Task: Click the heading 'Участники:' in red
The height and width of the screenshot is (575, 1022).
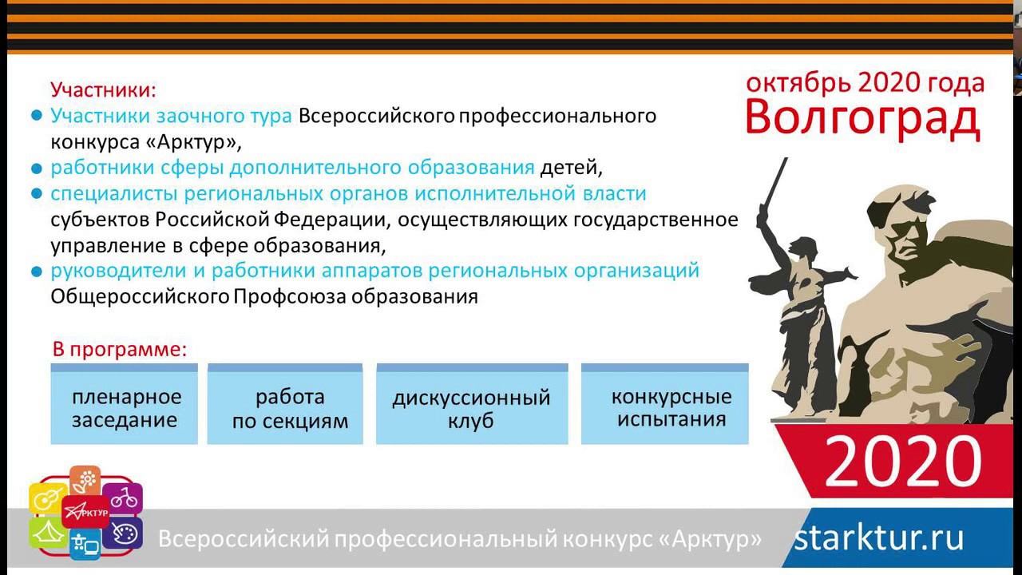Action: (103, 89)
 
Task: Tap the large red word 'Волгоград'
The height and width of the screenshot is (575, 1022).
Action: (862, 118)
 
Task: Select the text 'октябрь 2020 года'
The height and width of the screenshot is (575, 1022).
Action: (865, 82)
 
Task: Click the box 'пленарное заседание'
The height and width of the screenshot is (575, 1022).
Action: (125, 408)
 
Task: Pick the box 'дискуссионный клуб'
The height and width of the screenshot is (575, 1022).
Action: (471, 408)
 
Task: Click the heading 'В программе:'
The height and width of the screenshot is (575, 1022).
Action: (120, 349)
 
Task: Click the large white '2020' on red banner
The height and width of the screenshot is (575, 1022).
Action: (902, 462)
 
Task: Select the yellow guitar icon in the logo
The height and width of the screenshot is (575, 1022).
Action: (47, 499)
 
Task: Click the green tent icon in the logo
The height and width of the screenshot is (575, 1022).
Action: (48, 532)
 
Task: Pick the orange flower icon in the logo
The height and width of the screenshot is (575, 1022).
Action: (86, 480)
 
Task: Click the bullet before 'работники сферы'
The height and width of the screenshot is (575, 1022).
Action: (36, 169)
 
